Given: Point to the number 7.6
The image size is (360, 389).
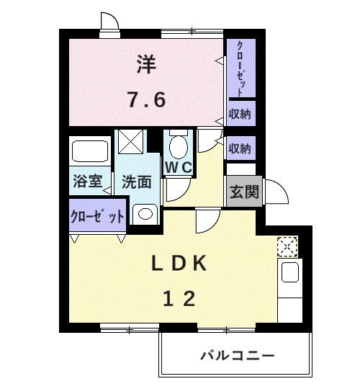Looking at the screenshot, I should [x=147, y=99].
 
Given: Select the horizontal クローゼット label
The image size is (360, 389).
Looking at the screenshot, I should [x=97, y=216].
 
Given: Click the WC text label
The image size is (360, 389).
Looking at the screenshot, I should [x=179, y=167].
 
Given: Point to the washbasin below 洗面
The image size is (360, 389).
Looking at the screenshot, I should [x=144, y=213].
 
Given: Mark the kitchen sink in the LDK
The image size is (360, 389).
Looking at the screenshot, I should [x=289, y=272].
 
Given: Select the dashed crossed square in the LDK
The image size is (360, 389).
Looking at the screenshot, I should [x=287, y=246].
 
